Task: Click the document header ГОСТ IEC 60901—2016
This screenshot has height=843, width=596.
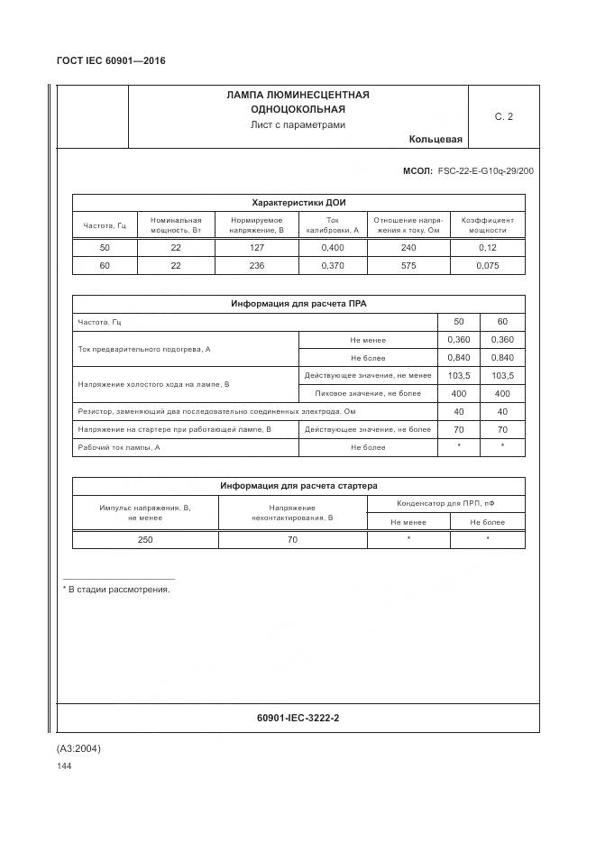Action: pyautogui.click(x=111, y=61)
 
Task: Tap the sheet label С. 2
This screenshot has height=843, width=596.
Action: pyautogui.click(x=503, y=116)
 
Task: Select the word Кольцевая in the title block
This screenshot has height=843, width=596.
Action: pyautogui.click(x=435, y=139)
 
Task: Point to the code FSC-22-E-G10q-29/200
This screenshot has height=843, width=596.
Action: pyautogui.click(x=485, y=170)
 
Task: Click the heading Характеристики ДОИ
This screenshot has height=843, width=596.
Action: pyautogui.click(x=298, y=202)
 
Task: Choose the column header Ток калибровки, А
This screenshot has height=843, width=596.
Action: pyautogui.click(x=332, y=224)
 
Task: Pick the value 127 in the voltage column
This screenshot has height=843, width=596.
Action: pyautogui.click(x=257, y=247)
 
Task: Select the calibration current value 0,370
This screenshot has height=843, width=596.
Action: pyautogui.click(x=332, y=265)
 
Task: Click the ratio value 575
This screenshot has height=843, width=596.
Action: pyautogui.click(x=408, y=265)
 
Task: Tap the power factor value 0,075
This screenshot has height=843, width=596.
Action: pyautogui.click(x=487, y=265)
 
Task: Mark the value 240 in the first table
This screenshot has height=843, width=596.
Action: pyautogui.click(x=408, y=247)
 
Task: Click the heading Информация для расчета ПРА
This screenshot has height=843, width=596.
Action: pyautogui.click(x=298, y=304)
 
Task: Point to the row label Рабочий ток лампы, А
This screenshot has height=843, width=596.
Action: pyautogui.click(x=119, y=447)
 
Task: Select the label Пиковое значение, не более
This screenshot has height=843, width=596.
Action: pyautogui.click(x=368, y=393)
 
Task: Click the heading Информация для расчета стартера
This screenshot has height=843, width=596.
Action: pyautogui.click(x=298, y=486)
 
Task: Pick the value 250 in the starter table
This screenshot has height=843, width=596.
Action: pyautogui.click(x=145, y=539)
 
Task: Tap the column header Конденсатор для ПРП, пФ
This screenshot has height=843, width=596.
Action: pyautogui.click(x=445, y=503)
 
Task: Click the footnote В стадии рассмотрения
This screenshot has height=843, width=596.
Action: pyautogui.click(x=117, y=589)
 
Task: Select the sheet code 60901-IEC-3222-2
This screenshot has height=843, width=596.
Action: pyautogui.click(x=298, y=718)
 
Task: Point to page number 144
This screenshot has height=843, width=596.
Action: pyautogui.click(x=64, y=766)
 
